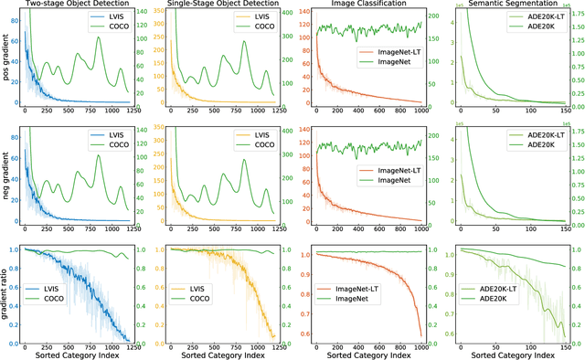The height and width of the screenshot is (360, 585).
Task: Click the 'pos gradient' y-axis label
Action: (x=7, y=56)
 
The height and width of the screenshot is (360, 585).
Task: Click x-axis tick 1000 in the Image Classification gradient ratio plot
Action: (x=420, y=344)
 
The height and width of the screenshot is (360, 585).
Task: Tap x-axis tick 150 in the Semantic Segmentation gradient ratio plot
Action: (x=558, y=344)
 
